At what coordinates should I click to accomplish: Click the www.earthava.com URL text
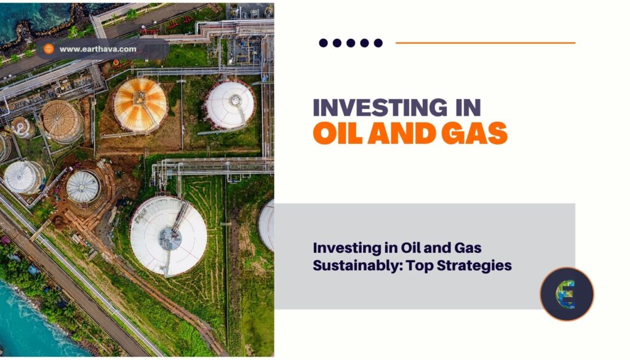click(x=99, y=49)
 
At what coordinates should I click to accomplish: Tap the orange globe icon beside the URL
click(x=49, y=49)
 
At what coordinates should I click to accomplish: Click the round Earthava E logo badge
click(x=567, y=294)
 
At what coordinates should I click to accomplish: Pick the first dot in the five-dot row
click(x=324, y=43)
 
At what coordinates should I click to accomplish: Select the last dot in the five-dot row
click(x=378, y=43)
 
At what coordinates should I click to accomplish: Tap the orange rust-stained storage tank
click(x=140, y=105)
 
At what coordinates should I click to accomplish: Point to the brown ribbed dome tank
click(x=61, y=121)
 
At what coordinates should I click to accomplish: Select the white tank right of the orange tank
click(x=229, y=105)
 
